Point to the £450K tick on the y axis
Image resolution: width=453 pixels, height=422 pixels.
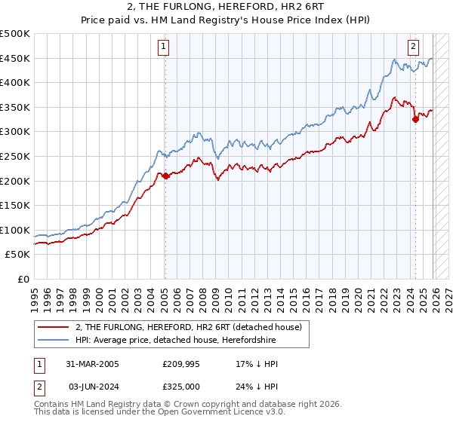[x=15, y=59]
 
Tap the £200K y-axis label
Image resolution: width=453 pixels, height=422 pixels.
[x=15, y=182]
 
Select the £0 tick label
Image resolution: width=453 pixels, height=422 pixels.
[x=23, y=280]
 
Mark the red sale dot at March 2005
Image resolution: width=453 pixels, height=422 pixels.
[x=165, y=176]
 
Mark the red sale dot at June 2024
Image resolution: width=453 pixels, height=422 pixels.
[x=415, y=119]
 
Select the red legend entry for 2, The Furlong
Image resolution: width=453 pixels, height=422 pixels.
[x=189, y=327]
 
